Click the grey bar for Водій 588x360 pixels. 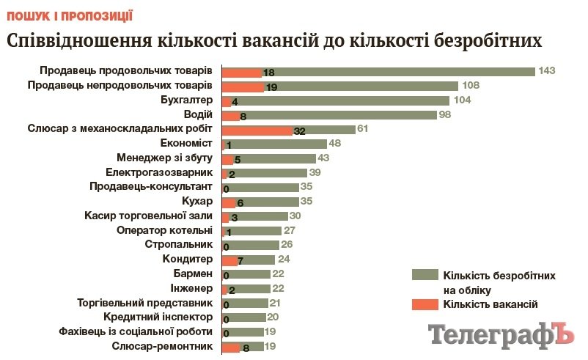tap(337, 115)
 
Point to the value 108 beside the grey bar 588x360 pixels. tap(470, 86)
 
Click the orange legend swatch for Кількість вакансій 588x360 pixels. tap(425, 304)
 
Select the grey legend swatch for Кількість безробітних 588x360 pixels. tap(425, 275)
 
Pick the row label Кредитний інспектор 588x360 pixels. tap(158, 317)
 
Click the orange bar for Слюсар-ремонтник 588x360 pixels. tap(230, 348)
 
